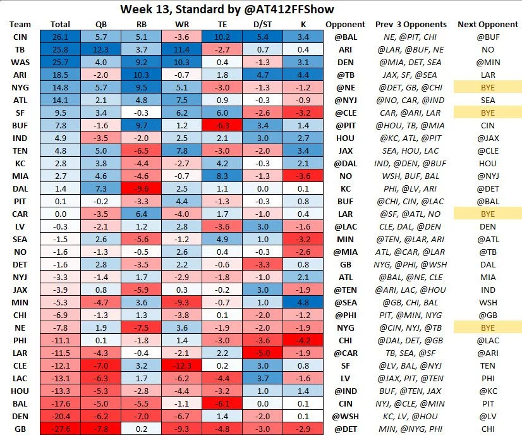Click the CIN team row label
20,37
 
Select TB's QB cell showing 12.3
101,49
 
